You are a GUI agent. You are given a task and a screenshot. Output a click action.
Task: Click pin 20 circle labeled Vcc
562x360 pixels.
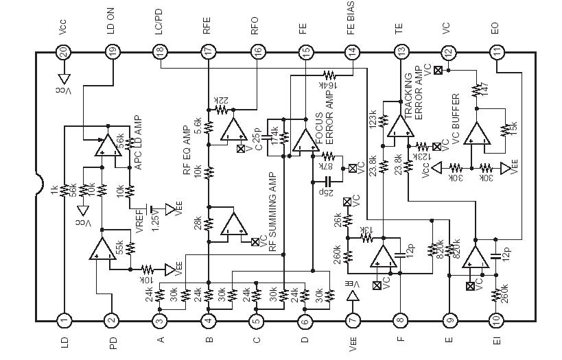tap(63, 51)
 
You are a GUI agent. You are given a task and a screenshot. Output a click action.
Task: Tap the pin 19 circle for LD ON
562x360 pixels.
tap(112, 51)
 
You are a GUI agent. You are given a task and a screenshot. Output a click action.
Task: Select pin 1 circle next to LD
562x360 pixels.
tap(63, 320)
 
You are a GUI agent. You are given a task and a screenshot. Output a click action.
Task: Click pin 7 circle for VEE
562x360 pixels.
tap(353, 320)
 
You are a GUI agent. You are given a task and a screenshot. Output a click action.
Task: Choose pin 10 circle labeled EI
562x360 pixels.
tap(497, 320)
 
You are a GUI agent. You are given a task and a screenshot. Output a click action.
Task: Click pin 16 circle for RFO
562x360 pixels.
tap(257, 51)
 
